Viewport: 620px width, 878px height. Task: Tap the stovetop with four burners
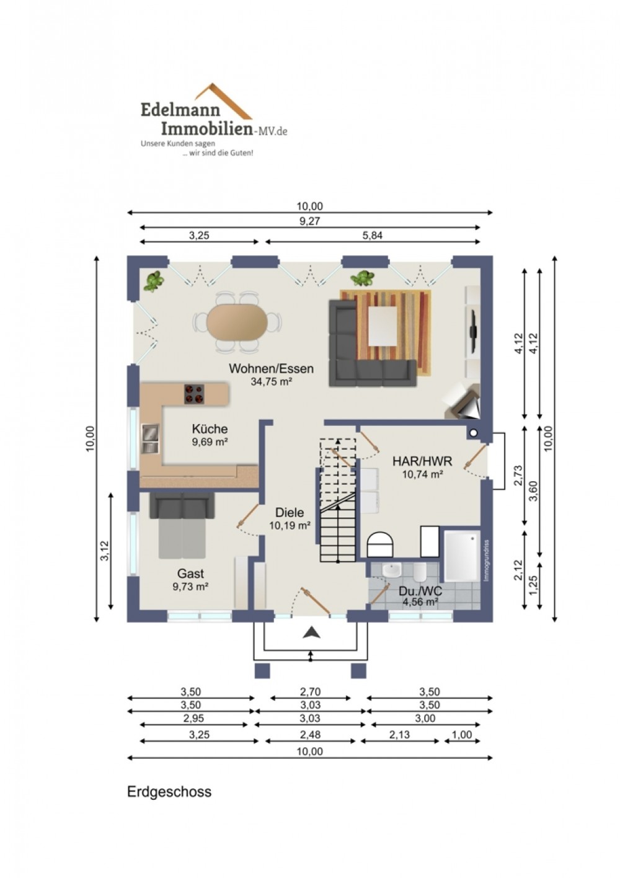point(194,394)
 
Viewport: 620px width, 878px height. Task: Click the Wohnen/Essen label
point(271,368)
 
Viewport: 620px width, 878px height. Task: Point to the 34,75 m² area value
point(271,381)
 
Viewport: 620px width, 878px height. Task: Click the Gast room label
point(190,574)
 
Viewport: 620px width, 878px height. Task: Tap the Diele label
point(289,512)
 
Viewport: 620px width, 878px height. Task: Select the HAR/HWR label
point(422,461)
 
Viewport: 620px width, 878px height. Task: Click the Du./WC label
point(420,591)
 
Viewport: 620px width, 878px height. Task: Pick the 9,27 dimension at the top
point(309,221)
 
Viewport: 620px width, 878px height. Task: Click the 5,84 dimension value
point(373,236)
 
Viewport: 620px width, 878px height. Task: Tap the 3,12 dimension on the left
point(105,551)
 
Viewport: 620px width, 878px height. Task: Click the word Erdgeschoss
point(169,792)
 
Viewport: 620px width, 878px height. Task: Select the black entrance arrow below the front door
point(312,632)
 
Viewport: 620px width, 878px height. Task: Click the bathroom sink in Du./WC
point(392,570)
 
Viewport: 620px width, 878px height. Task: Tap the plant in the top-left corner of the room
point(153,282)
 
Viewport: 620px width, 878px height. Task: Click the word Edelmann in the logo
point(180,109)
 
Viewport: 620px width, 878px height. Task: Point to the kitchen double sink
point(150,438)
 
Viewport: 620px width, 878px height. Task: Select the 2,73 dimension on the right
point(518,476)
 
